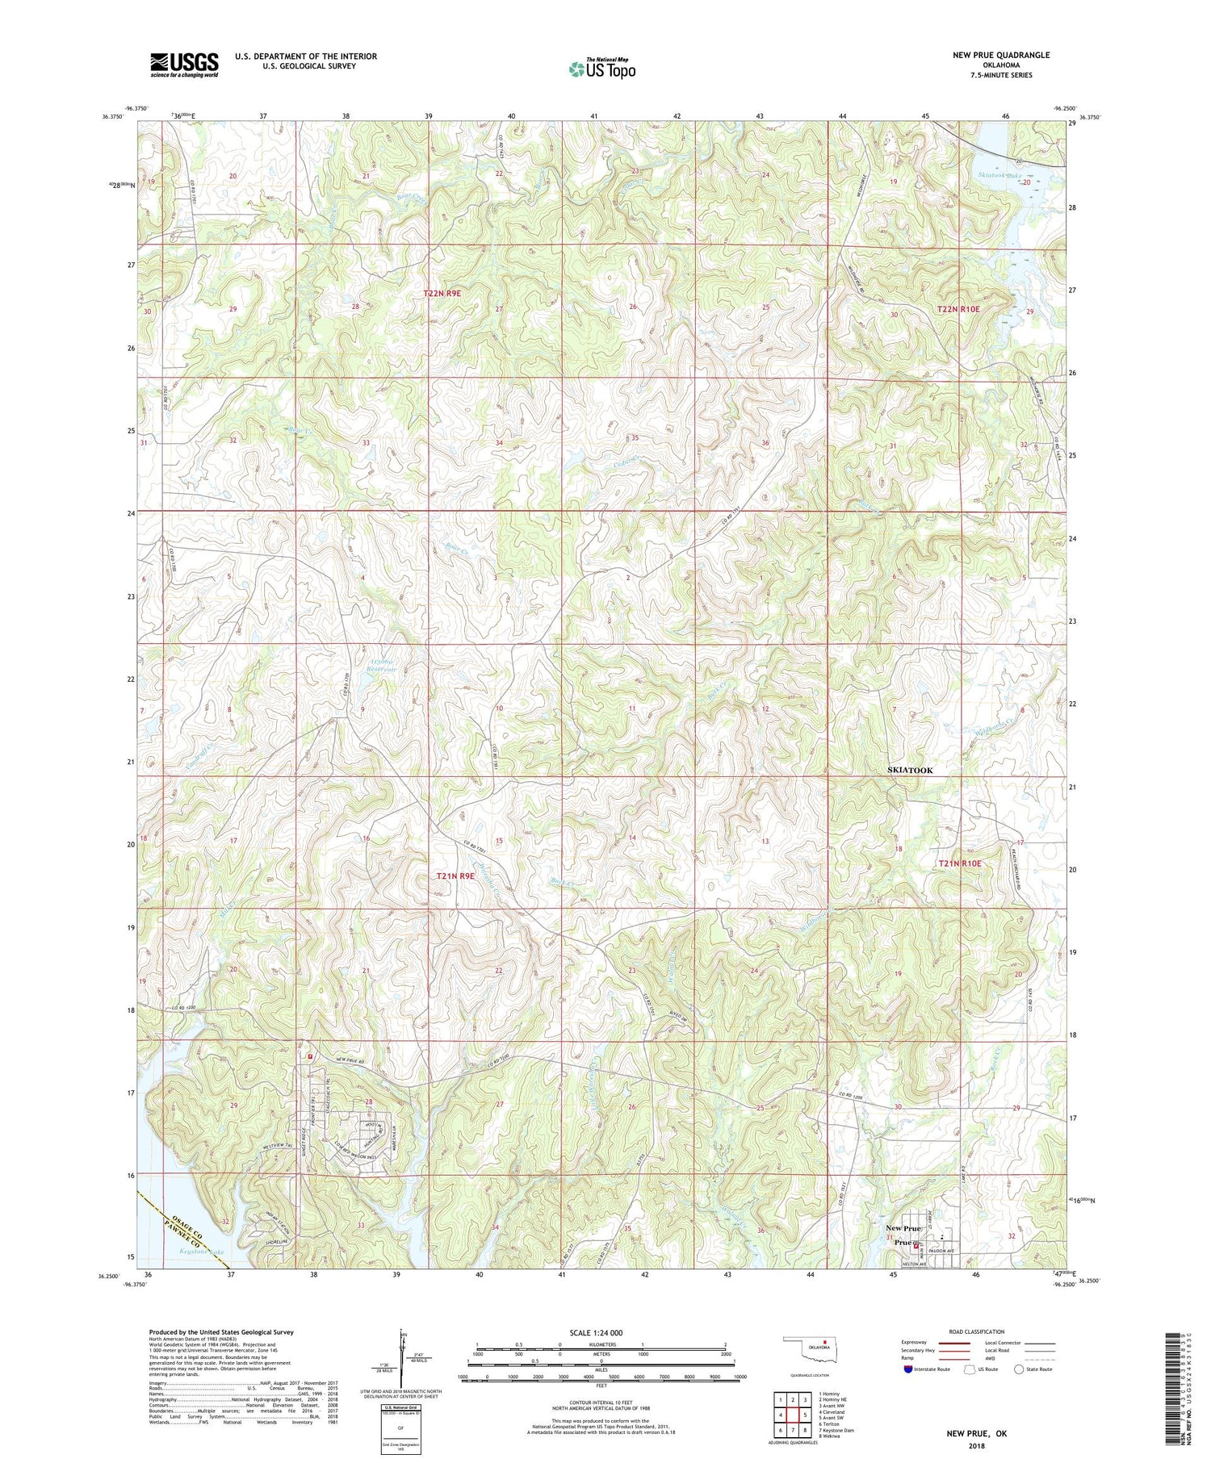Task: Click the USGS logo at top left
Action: [184, 65]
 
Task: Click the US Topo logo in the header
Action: [602, 69]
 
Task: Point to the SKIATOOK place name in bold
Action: [910, 770]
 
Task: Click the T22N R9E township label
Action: [442, 293]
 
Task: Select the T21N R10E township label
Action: [959, 863]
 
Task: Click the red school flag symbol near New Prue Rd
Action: [309, 1055]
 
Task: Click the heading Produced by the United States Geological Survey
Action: [220, 1332]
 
